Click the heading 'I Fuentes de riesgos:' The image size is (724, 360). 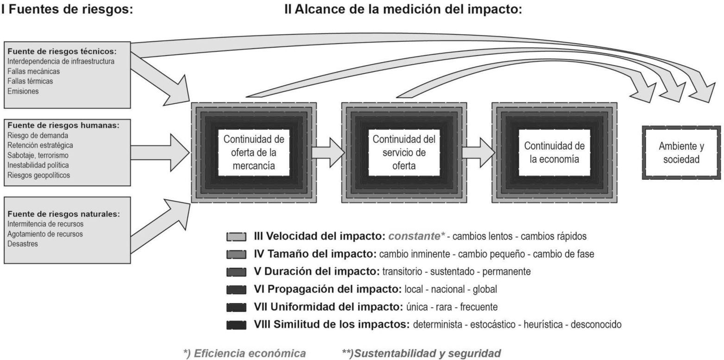coord(67,9)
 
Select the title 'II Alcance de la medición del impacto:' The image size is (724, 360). coord(403,9)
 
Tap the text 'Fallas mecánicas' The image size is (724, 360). coord(34,71)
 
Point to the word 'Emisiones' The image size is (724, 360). coord(23,91)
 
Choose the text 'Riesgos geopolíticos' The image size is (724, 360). coord(39,175)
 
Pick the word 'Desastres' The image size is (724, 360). coord(23,244)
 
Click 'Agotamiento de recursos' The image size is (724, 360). coord(45,234)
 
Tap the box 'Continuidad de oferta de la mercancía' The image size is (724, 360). coord(253,152)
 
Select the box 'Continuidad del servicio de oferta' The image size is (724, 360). coord(403,152)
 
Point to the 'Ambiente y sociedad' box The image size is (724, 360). coord(681,152)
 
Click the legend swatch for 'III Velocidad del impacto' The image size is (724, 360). coord(236,237)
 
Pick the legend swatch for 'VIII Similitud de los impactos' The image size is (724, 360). coord(236,325)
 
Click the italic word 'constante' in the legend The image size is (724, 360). coord(414,236)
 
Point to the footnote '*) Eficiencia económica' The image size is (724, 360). coord(245,354)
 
